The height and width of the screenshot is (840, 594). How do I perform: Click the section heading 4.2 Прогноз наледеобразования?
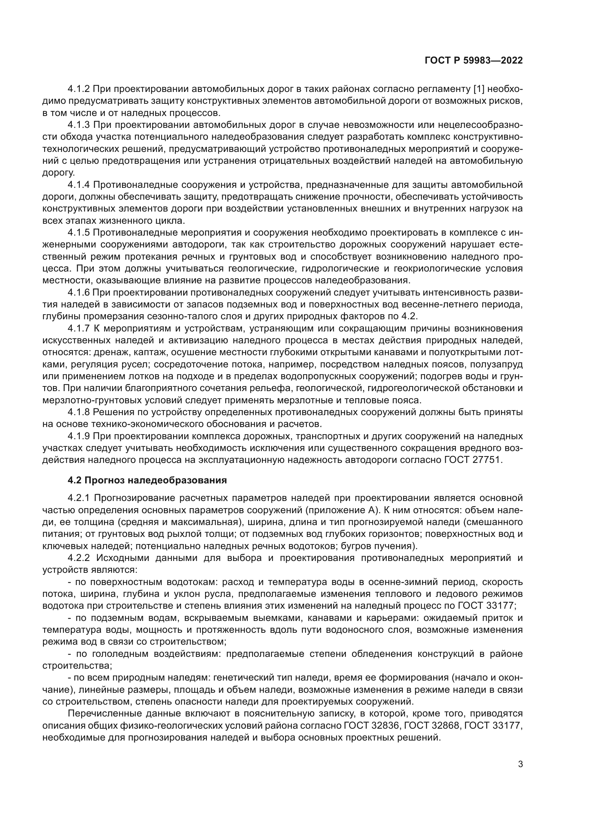coord(147,480)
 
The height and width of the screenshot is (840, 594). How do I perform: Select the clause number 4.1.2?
coord(79,89)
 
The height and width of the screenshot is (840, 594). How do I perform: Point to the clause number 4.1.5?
coord(79,233)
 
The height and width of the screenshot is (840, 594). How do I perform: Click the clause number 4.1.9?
coord(79,436)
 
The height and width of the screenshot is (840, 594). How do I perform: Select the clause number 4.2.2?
coord(79,558)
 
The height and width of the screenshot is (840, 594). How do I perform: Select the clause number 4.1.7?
coord(79,328)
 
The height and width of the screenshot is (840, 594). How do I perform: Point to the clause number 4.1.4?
coord(79,185)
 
